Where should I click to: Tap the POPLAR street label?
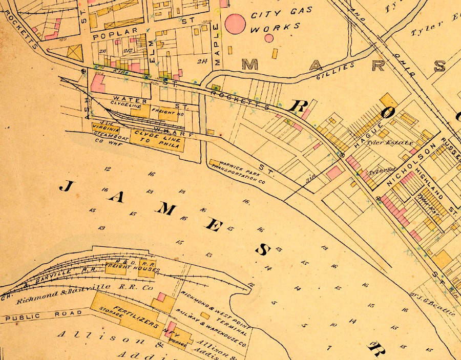pyautogui.click(x=115, y=33)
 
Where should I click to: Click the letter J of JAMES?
pyautogui.click(x=65, y=186)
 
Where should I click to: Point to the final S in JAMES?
pyautogui.click(x=263, y=249)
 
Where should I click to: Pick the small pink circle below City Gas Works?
pyautogui.click(x=269, y=37)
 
